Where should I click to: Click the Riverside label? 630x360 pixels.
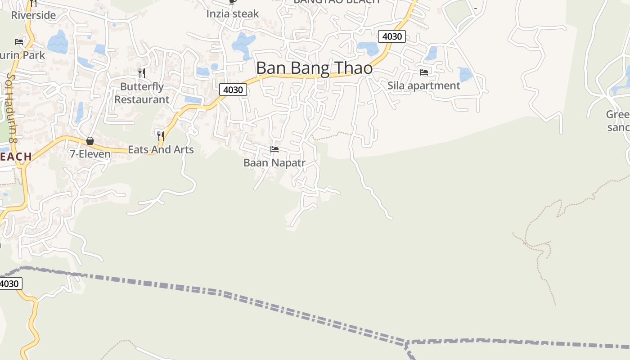[33, 15]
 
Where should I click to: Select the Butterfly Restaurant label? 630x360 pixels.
[142, 93]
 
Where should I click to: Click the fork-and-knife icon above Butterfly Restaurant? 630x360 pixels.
[142, 72]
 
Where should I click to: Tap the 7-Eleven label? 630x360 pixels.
[90, 154]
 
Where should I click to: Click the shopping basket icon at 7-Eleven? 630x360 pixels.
[90, 141]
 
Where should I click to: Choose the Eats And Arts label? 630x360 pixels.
[161, 149]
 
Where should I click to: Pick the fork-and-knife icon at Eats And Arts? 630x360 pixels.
[160, 135]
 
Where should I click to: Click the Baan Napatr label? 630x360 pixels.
[274, 163]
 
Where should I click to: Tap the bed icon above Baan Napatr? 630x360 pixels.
[274, 149]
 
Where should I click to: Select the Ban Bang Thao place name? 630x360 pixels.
[314, 68]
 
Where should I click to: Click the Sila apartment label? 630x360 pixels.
[424, 85]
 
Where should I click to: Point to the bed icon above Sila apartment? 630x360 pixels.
[423, 72]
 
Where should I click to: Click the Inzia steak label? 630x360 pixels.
[233, 14]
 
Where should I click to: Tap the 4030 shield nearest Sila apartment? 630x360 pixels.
[391, 36]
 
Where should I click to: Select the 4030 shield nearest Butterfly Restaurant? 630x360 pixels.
[233, 90]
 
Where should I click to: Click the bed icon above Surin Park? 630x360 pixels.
[19, 42]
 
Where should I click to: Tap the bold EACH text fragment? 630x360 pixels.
[16, 157]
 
